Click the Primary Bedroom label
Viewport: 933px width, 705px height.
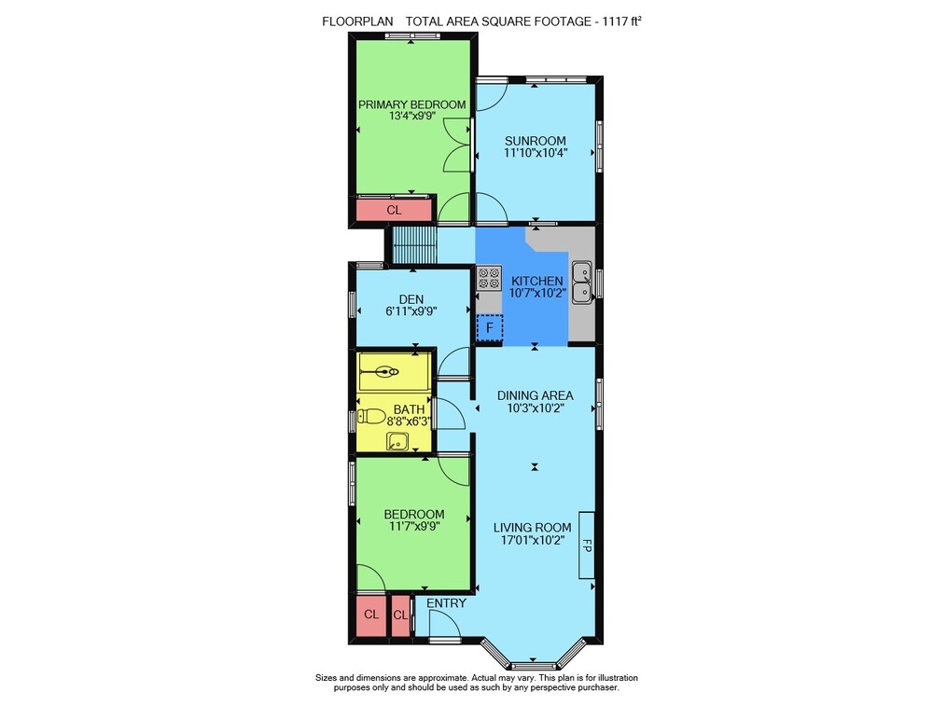(x=411, y=104)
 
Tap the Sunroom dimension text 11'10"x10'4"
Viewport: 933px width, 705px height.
(x=536, y=152)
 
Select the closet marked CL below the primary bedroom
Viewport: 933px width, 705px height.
(x=394, y=210)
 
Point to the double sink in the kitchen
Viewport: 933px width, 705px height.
(x=582, y=282)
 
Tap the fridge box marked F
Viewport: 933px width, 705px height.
(x=490, y=328)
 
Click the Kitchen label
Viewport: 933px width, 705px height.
(x=536, y=281)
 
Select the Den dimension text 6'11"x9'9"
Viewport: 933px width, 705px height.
(x=411, y=311)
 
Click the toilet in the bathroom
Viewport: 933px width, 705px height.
(x=371, y=416)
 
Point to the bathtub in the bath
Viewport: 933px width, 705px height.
(x=394, y=372)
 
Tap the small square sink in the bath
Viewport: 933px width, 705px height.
(x=397, y=441)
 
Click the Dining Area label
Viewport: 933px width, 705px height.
(x=535, y=395)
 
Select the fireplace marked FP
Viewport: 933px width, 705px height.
(x=587, y=545)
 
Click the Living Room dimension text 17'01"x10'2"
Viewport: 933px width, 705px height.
(x=533, y=540)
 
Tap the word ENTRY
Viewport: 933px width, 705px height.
(x=446, y=603)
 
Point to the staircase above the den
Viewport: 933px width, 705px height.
(x=415, y=244)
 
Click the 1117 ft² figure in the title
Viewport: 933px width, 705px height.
(x=621, y=21)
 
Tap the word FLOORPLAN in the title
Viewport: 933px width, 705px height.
(x=357, y=21)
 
